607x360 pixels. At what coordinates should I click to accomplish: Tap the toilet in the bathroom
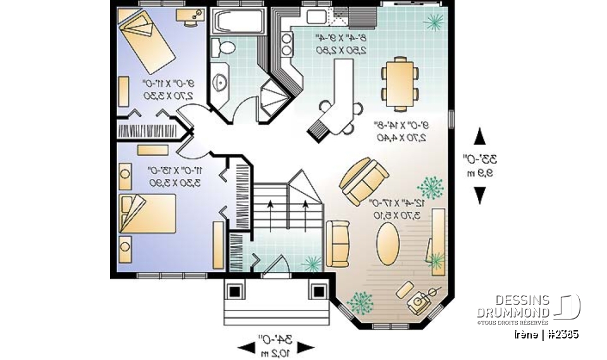[223, 46]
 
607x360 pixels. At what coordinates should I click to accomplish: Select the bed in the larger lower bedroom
[150, 214]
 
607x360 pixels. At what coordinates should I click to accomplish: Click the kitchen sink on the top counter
[314, 16]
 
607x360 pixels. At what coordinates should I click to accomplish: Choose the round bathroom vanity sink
[221, 81]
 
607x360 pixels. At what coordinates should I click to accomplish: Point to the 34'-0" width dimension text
[276, 339]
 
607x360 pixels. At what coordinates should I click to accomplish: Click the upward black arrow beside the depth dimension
[480, 136]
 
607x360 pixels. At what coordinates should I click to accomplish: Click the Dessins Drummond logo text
[513, 307]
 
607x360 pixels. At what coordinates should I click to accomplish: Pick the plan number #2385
[563, 334]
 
